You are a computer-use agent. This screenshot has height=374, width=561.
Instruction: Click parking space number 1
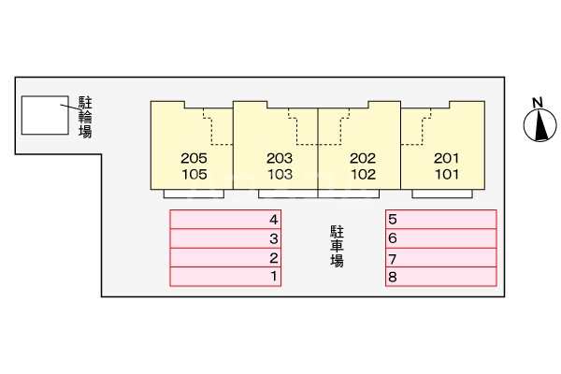click(225, 276)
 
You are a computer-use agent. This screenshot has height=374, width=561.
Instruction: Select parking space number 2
click(225, 257)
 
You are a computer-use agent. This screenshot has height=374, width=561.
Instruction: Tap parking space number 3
click(225, 238)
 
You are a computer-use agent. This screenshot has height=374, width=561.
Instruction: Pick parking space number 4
click(225, 220)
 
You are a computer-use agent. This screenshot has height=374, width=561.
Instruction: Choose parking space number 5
click(440, 220)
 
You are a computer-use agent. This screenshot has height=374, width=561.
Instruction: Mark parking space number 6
click(440, 238)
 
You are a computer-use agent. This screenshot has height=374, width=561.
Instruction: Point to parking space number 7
click(440, 258)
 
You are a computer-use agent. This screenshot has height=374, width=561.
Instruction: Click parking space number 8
click(440, 276)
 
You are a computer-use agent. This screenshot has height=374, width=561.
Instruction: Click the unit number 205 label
click(194, 158)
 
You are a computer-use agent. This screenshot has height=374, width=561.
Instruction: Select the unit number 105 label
click(194, 174)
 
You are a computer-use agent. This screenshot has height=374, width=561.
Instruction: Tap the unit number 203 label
click(280, 158)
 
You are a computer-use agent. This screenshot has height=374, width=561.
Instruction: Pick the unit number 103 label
click(280, 174)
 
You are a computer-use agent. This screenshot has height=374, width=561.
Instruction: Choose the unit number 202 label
click(363, 158)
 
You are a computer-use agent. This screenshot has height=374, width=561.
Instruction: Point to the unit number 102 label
click(363, 174)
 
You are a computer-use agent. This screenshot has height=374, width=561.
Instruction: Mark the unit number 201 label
click(447, 158)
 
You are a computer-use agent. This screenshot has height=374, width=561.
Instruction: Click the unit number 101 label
click(447, 174)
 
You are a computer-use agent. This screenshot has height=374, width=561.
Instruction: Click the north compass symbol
click(538, 126)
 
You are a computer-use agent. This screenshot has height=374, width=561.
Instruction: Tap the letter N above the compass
click(538, 102)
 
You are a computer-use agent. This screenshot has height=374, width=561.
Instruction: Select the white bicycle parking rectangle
click(45, 113)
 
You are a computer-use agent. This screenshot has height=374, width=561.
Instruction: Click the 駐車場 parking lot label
click(337, 246)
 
